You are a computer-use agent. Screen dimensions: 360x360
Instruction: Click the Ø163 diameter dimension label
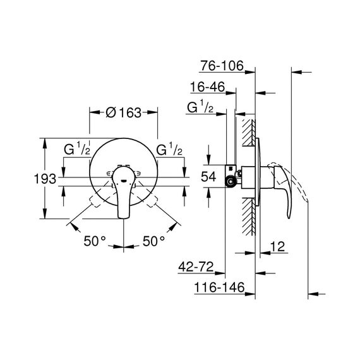coord(124,112)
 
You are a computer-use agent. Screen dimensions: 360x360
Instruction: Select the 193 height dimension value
coord(45,179)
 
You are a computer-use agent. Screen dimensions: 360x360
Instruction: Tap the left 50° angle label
coord(95,241)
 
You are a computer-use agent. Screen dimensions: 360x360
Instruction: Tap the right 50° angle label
coord(154,241)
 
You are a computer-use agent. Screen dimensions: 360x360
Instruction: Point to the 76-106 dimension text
coord(222,66)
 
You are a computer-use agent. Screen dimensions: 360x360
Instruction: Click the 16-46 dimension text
coord(208,87)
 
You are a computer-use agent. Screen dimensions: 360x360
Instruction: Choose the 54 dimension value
coord(208,177)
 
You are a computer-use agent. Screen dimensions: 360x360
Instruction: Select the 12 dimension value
coord(277,246)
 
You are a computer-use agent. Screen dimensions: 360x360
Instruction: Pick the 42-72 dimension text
coord(196,267)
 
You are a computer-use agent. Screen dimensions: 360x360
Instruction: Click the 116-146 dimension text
coord(219,287)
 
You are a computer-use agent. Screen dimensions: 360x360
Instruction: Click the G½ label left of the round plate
coord(77,149)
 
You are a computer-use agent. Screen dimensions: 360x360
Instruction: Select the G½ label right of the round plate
coord(169,149)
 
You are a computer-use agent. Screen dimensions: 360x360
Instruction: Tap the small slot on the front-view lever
coord(124,181)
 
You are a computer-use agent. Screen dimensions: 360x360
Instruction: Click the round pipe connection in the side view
coord(231,182)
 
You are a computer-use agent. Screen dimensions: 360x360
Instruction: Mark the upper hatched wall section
coord(249,133)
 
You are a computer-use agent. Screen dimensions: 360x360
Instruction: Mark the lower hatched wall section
coord(249,217)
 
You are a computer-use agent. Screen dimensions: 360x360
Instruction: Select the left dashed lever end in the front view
coord(95,201)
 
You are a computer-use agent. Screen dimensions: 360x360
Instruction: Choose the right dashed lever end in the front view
coord(152,201)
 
